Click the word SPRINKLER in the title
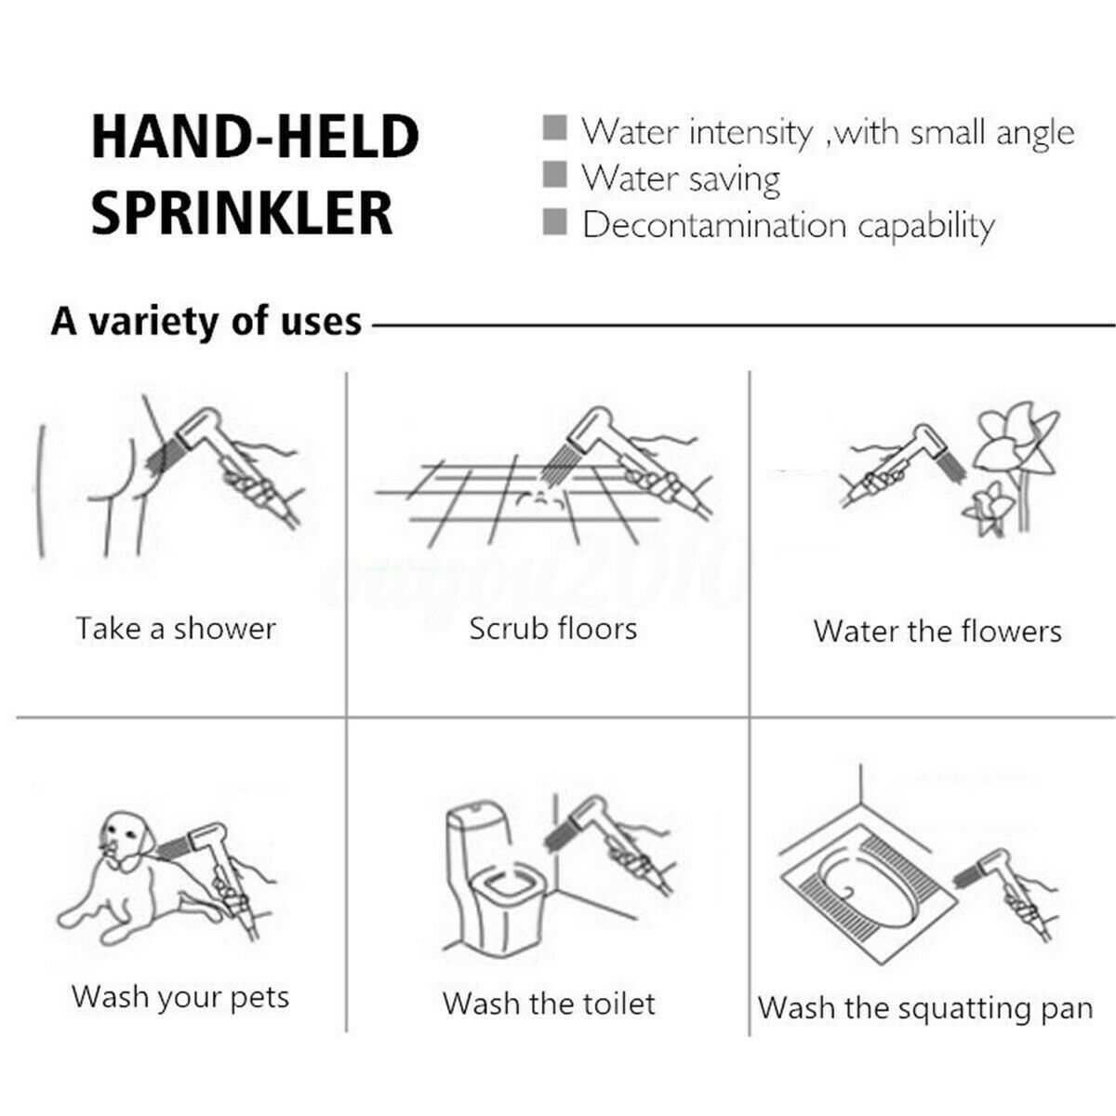(242, 212)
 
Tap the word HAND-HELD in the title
(255, 137)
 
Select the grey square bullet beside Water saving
(555, 174)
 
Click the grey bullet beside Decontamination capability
(555, 221)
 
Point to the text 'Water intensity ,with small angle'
(828, 132)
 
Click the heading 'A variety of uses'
(206, 321)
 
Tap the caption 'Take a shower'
(176, 629)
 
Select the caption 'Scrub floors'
(552, 629)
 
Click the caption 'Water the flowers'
(937, 631)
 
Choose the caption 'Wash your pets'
(180, 997)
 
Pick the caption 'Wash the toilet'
(549, 1003)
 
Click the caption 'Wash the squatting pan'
(925, 1008)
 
